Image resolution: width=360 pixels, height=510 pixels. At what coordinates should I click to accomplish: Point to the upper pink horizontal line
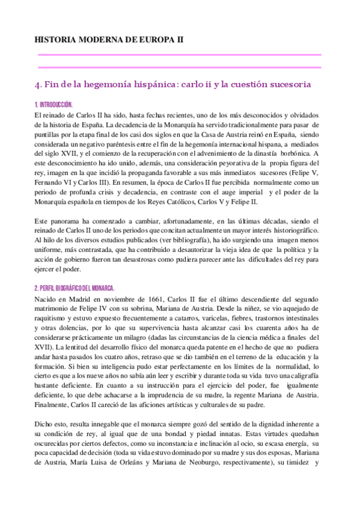179,55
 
